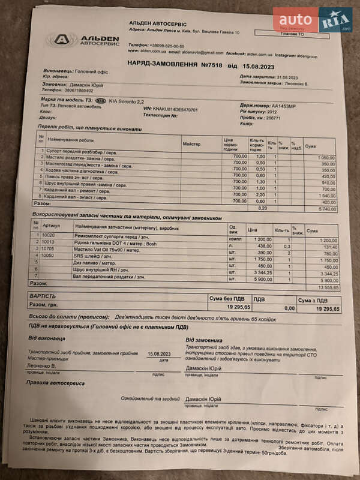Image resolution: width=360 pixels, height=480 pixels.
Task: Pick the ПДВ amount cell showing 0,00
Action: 289,308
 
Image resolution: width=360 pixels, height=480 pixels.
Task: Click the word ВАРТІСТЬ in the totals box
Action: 43,296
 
